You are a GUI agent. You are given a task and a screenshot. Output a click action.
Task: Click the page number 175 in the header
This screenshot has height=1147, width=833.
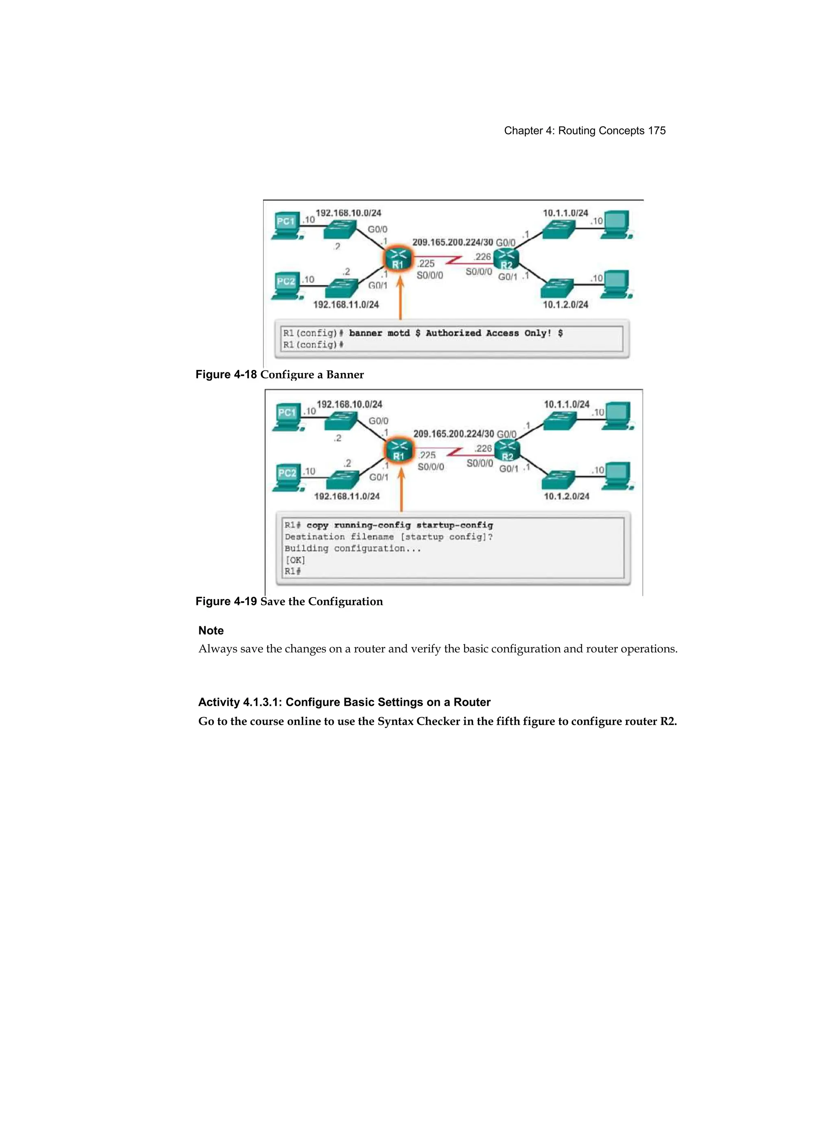(x=656, y=131)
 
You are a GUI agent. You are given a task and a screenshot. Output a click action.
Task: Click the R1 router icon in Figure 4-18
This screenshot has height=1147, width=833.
(x=398, y=259)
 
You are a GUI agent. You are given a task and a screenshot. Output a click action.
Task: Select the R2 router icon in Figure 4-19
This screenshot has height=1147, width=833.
(x=507, y=451)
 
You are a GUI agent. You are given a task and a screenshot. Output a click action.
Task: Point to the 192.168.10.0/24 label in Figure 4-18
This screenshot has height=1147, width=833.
(x=348, y=213)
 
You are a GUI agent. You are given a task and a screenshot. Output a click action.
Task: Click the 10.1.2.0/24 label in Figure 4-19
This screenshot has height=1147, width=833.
(x=566, y=496)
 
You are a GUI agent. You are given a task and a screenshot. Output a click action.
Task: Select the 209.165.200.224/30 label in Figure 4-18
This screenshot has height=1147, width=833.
(x=452, y=242)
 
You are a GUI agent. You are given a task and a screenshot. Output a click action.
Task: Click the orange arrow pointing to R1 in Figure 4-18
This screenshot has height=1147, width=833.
(x=400, y=298)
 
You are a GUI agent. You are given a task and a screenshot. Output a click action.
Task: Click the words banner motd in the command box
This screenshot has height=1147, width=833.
(x=379, y=333)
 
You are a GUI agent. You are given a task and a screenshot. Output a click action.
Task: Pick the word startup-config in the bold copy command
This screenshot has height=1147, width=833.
(x=454, y=525)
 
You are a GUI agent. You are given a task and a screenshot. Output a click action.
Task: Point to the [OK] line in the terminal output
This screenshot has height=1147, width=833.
(x=295, y=560)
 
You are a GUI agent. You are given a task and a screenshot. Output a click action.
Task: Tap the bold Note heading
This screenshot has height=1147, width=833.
(x=211, y=630)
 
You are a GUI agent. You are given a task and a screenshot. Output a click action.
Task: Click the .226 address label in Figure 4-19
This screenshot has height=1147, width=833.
(x=483, y=449)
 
